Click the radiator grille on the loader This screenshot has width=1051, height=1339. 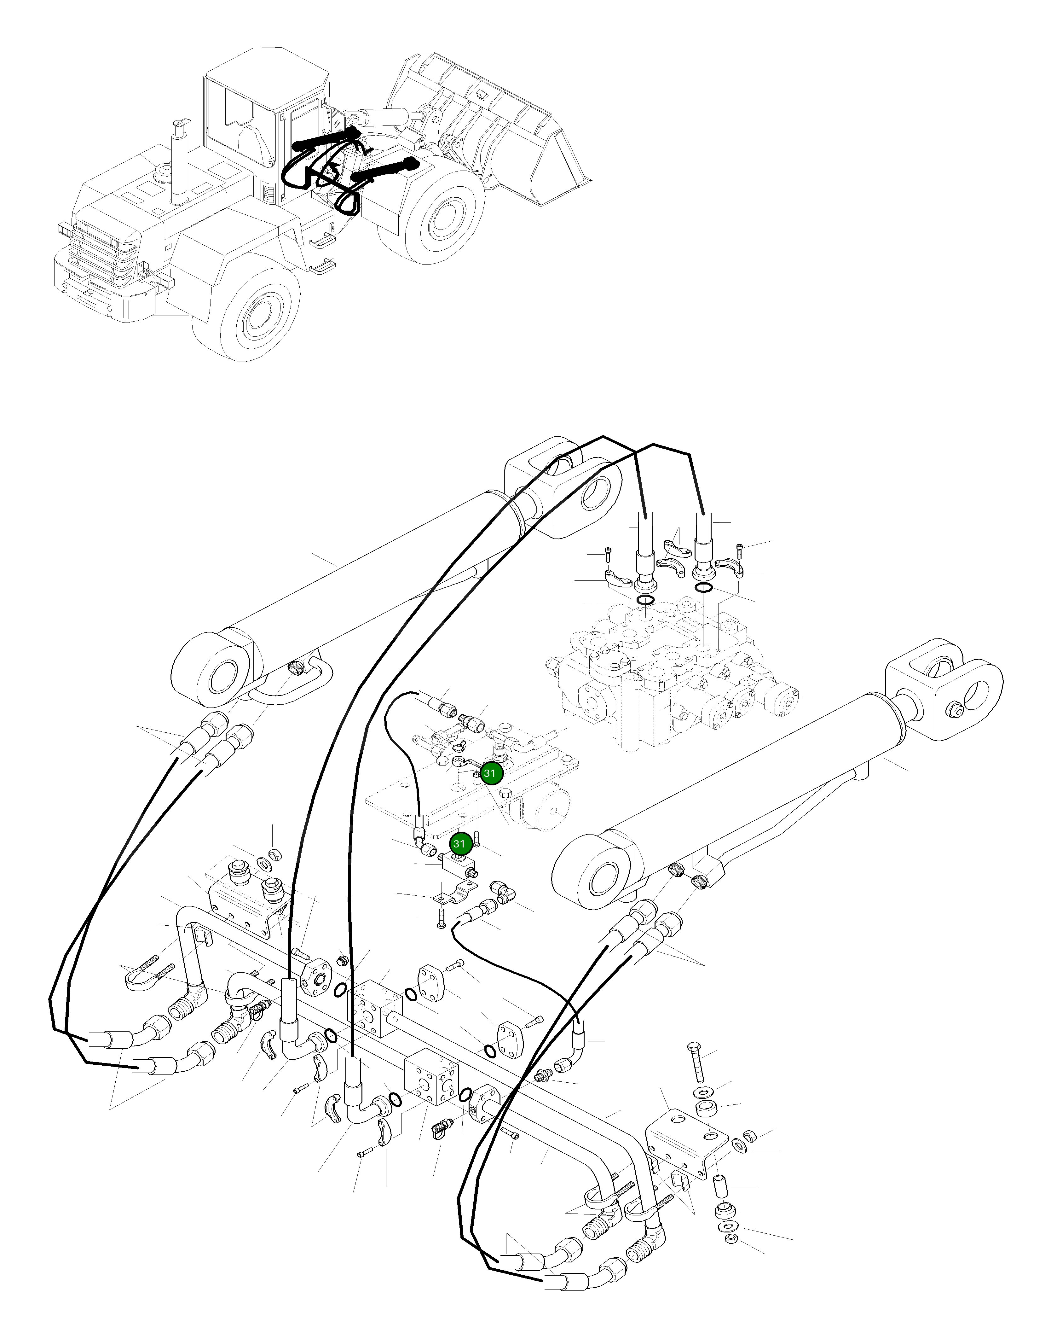click(101, 253)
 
